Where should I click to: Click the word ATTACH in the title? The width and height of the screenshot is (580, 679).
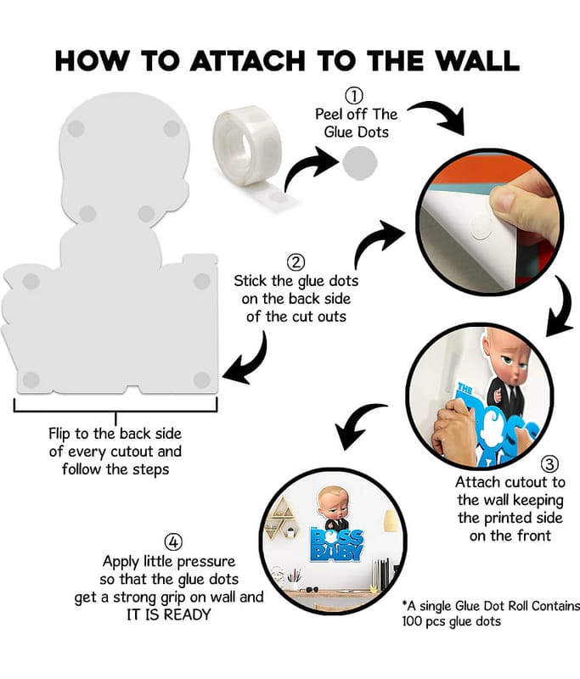click(x=247, y=60)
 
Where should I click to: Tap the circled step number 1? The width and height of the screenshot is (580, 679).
click(x=354, y=96)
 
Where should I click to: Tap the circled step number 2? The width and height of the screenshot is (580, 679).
click(x=296, y=262)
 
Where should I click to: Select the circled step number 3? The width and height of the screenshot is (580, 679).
click(x=549, y=463)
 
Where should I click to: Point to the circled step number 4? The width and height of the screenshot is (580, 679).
click(x=173, y=542)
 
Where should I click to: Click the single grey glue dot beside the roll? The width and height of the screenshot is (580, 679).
click(x=359, y=163)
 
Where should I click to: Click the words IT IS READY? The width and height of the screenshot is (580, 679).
click(x=168, y=614)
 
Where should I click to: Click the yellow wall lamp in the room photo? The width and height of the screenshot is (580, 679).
click(x=391, y=521)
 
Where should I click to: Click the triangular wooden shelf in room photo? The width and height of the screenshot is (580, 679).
click(x=282, y=518)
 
